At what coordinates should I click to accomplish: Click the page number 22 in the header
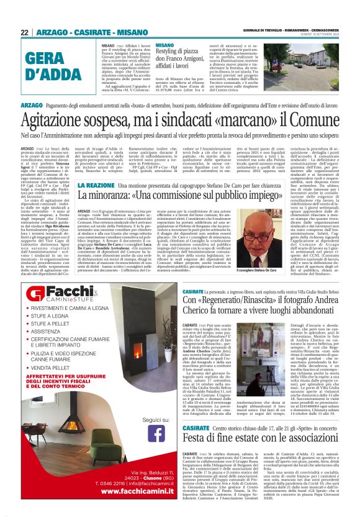(x=25, y=32)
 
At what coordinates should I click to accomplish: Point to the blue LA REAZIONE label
(x=96, y=185)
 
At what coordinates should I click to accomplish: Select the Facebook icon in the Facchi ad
(x=156, y=432)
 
